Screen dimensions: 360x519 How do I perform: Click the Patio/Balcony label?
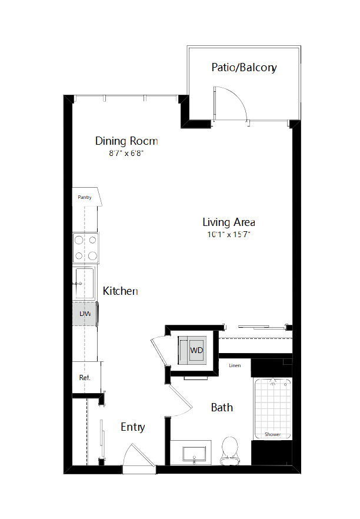[244, 68]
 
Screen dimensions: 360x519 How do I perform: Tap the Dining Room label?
[126, 141]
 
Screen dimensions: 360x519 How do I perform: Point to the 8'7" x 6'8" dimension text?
[126, 153]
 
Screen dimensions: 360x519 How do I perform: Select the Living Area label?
[229, 222]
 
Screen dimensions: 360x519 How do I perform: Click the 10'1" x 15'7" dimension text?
[229, 234]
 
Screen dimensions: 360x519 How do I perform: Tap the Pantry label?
[85, 197]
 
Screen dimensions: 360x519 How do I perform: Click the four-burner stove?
[85, 248]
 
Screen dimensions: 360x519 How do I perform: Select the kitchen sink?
[85, 284]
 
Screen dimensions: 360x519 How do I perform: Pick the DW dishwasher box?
[85, 314]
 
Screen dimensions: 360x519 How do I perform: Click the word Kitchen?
[120, 291]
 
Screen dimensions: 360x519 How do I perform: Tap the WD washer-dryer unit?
[192, 350]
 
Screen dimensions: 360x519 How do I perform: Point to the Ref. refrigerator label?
[85, 378]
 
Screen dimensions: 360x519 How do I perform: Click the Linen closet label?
[235, 365]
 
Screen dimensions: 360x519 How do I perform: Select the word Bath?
[222, 407]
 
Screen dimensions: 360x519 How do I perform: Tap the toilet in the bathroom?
[229, 451]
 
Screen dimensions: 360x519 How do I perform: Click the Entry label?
[133, 427]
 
